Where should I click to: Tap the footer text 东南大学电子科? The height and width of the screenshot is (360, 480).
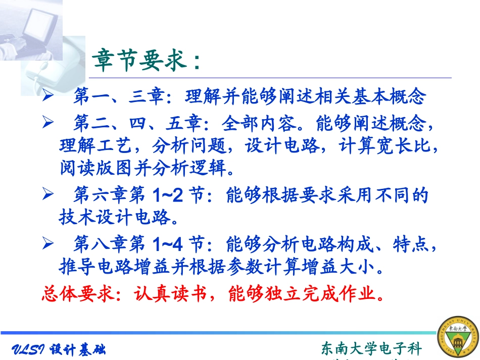371,348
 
